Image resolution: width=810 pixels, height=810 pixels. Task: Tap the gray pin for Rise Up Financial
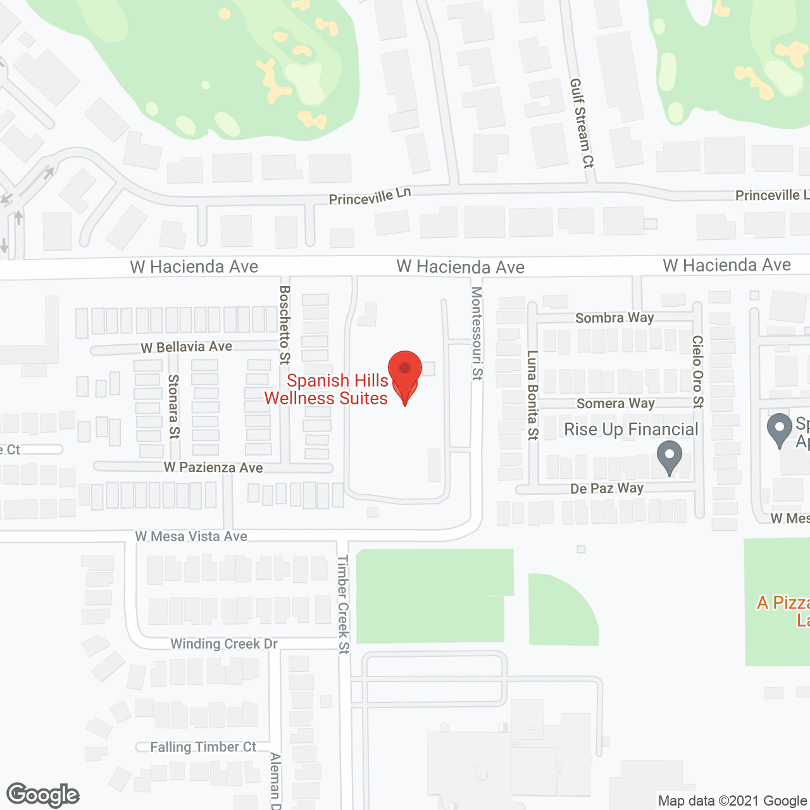pos(669,456)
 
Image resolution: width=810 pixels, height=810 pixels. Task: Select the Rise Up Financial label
pos(631,430)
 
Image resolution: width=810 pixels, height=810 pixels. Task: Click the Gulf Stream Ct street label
pos(582,123)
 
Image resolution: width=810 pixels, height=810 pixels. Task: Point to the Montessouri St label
pos(477,333)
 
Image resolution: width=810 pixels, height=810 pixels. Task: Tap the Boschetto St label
pos(285,325)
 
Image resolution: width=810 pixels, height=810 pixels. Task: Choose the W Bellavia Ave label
pos(186,347)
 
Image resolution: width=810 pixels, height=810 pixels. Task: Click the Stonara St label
pos(173,407)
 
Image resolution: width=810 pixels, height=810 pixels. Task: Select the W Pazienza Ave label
pos(213,468)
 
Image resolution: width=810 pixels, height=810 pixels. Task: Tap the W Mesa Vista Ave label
pos(191,537)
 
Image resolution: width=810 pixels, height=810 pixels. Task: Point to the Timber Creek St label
pos(343,604)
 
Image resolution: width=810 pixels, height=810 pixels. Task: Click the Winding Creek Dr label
pos(224,644)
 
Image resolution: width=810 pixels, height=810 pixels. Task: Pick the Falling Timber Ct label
pos(203,747)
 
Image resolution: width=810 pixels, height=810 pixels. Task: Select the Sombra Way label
pos(614,318)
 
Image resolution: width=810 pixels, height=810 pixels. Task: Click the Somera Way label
pos(615,403)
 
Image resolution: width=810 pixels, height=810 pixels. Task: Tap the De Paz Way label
pos(607,488)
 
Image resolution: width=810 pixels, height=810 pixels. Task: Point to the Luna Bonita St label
pos(533,395)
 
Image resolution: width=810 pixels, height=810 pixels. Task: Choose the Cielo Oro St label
pos(697,371)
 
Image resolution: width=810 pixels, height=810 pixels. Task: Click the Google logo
pos(43,795)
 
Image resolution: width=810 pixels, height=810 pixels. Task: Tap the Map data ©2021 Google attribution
pos(732,801)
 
